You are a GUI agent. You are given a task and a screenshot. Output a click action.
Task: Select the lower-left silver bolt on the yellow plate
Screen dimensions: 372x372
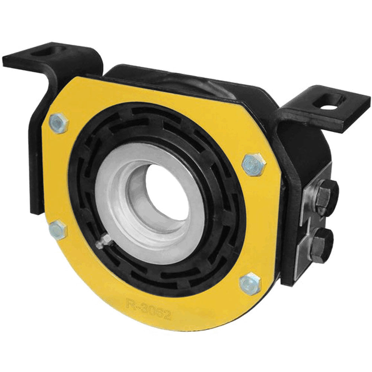(x=58, y=230)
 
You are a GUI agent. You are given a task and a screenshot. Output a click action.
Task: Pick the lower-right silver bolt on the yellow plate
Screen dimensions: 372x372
(x=250, y=284)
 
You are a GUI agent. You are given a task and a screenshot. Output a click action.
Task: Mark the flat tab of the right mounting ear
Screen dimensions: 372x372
(x=335, y=112)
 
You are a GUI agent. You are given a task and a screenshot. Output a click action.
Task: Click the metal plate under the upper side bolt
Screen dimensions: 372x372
(x=309, y=201)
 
